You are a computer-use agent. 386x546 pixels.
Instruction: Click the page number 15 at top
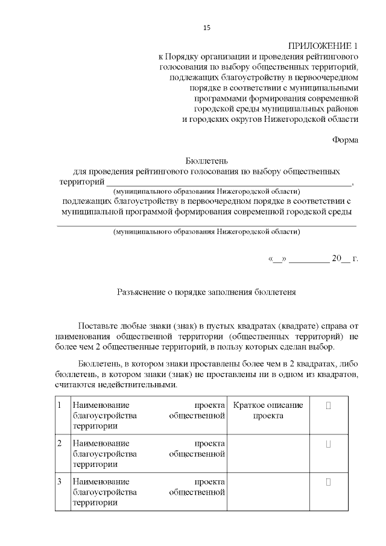point(207,28)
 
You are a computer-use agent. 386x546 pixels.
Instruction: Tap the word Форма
point(346,140)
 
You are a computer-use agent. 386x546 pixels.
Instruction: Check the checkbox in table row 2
point(329,444)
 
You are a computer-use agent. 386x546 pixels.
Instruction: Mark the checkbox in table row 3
point(329,482)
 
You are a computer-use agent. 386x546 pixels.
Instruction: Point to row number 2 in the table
point(59,444)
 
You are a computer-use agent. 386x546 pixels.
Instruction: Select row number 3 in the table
point(59,482)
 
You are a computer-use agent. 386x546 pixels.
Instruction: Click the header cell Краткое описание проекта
point(268,410)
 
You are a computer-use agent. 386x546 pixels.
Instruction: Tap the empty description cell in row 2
point(268,454)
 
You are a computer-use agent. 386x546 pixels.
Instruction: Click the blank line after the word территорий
point(229,182)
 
